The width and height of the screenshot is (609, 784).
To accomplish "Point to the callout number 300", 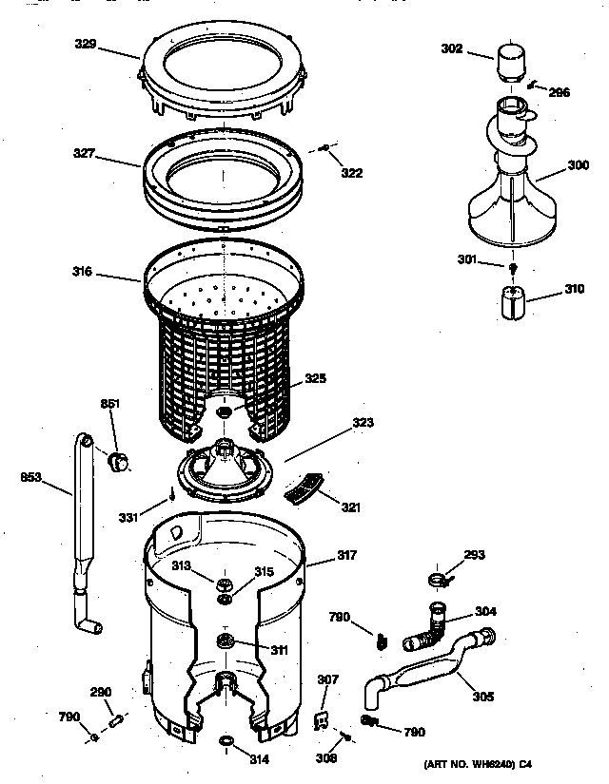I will point(578,164).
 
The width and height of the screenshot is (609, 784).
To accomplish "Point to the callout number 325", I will point(316,378).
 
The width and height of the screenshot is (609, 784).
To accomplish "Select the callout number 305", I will point(482,697).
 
